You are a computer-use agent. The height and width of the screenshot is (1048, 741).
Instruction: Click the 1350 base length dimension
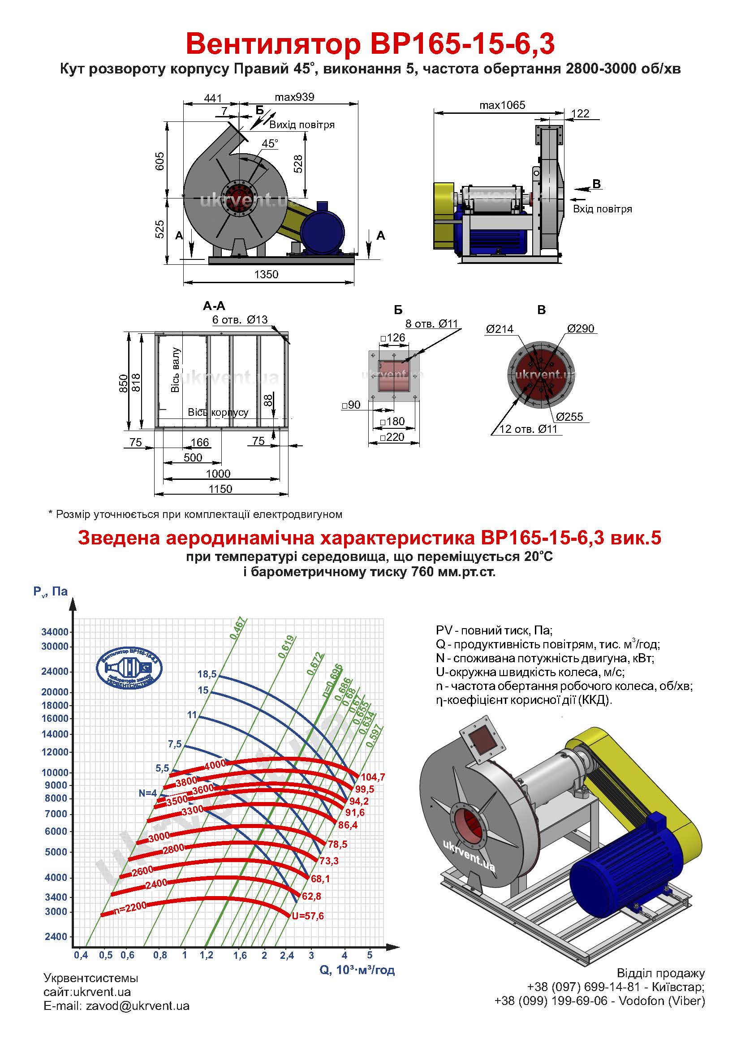tap(266, 274)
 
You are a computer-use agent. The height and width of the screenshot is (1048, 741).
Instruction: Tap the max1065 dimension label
tap(502, 105)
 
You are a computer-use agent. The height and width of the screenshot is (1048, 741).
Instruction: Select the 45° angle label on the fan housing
tap(270, 144)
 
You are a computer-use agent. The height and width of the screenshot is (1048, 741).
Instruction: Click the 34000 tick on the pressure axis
tap(55, 632)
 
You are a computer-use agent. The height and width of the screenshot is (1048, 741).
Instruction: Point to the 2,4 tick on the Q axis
tap(287, 955)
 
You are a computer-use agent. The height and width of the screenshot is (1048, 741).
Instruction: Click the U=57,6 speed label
tap(308, 916)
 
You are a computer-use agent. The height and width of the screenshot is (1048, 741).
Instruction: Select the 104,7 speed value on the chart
tap(373, 777)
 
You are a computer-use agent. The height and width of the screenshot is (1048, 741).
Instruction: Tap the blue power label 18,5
tap(207, 674)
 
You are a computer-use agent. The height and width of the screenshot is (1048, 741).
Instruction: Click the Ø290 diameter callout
tap(580, 328)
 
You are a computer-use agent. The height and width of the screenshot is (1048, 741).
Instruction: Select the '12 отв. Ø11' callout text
tap(528, 429)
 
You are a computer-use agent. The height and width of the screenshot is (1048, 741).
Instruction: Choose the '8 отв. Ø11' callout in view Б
tap(431, 323)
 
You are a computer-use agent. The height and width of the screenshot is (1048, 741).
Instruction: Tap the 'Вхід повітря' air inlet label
tap(602, 209)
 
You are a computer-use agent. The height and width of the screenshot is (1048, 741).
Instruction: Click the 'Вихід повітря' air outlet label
tap(302, 125)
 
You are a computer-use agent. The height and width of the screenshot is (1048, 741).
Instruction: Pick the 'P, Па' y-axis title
tap(50, 591)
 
